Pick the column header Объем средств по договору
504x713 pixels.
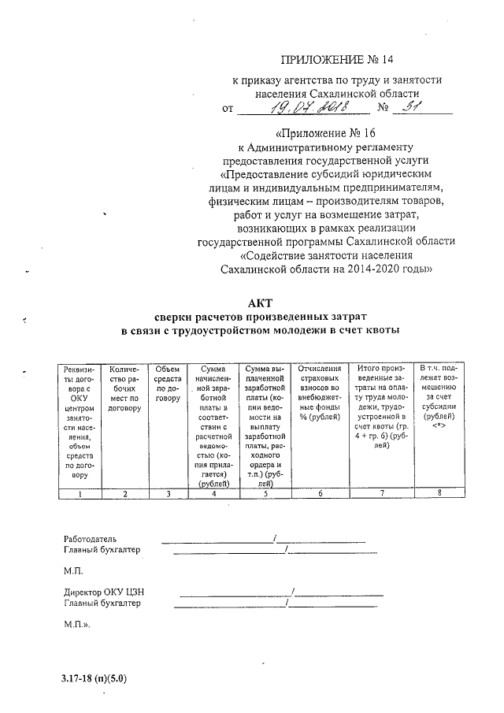click(168, 383)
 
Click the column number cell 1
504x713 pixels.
click(80, 494)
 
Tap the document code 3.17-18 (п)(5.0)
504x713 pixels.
click(92, 678)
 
